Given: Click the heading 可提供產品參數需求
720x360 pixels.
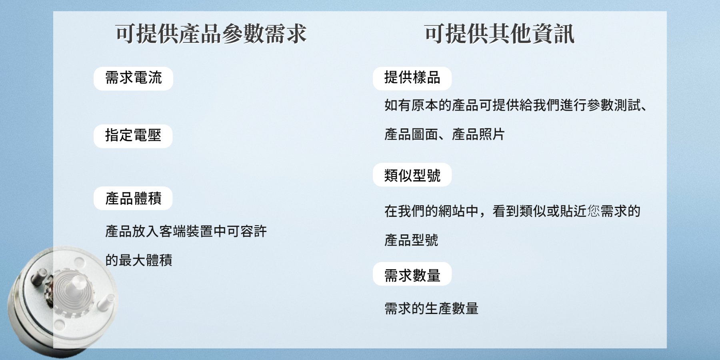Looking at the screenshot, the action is (211, 34).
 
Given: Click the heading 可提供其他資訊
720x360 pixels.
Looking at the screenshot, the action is (500, 34).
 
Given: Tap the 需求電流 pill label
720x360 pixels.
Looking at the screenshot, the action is (133, 78).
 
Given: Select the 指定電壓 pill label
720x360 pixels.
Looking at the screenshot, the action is (133, 136).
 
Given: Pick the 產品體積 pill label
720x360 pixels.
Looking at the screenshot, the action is (133, 198).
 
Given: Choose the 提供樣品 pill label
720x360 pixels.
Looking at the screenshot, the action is (412, 78).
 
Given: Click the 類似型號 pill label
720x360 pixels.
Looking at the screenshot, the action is (412, 175).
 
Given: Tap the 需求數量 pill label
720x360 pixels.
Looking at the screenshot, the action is (412, 274).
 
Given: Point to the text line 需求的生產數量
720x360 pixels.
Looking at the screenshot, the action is (431, 308).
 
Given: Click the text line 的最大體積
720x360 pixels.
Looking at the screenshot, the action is (139, 260).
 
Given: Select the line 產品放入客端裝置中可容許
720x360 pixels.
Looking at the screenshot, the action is (186, 231).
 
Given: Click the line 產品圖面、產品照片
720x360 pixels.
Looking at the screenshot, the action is (444, 134).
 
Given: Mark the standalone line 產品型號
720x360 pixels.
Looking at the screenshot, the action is (411, 240).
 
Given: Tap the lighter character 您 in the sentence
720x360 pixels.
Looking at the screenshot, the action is (594, 211).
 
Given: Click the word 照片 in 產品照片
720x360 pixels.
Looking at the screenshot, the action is (492, 134).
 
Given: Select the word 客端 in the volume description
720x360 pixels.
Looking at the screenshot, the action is (172, 231).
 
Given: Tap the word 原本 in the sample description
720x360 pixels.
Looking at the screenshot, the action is (424, 105).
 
